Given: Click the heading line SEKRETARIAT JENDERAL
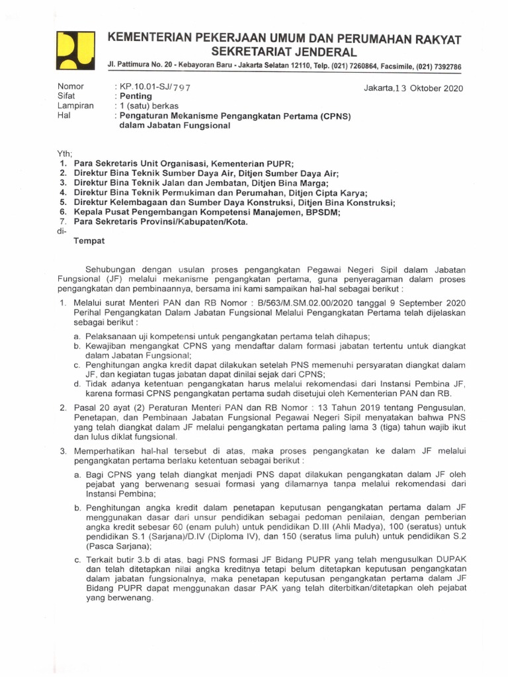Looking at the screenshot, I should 284,52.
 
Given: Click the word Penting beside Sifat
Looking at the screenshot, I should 136,97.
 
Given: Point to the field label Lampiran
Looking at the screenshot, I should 76,106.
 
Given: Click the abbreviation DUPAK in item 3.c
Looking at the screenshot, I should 450,559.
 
